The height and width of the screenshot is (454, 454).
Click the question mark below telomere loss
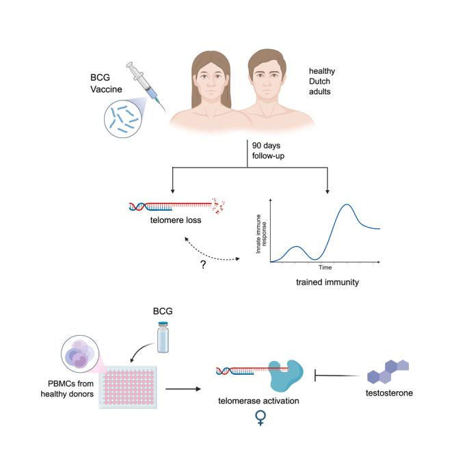[203, 264]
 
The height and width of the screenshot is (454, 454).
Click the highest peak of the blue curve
[348, 204]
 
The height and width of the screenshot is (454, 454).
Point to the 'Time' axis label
[325, 268]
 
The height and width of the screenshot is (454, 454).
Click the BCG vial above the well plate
[162, 338]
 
